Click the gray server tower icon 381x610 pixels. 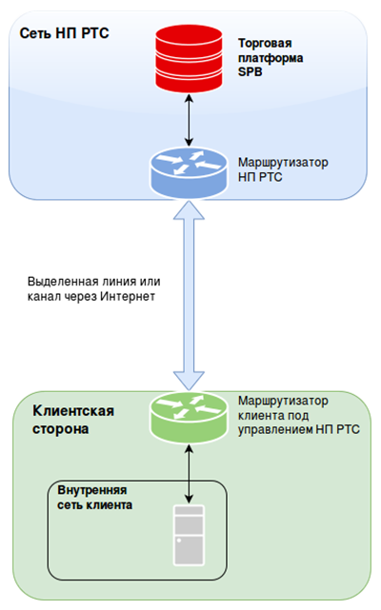(x=189, y=535)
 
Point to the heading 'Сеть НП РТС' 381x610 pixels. (x=64, y=33)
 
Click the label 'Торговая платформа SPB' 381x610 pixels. (x=271, y=58)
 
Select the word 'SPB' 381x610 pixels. (x=250, y=72)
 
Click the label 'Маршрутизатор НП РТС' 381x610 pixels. (x=283, y=169)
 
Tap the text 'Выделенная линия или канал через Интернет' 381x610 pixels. (x=94, y=288)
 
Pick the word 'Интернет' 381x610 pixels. (x=128, y=297)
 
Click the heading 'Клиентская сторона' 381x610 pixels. (x=73, y=420)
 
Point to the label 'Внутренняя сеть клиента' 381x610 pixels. (x=94, y=498)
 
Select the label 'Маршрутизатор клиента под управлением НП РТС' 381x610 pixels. (x=299, y=415)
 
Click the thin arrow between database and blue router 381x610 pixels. (x=189, y=120)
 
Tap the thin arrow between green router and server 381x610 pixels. (x=189, y=474)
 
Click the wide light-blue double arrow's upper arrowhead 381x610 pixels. (x=189, y=210)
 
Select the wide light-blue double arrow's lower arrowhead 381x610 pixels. (x=189, y=381)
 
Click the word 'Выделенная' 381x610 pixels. (x=61, y=282)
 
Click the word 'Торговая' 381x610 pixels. (x=265, y=43)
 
